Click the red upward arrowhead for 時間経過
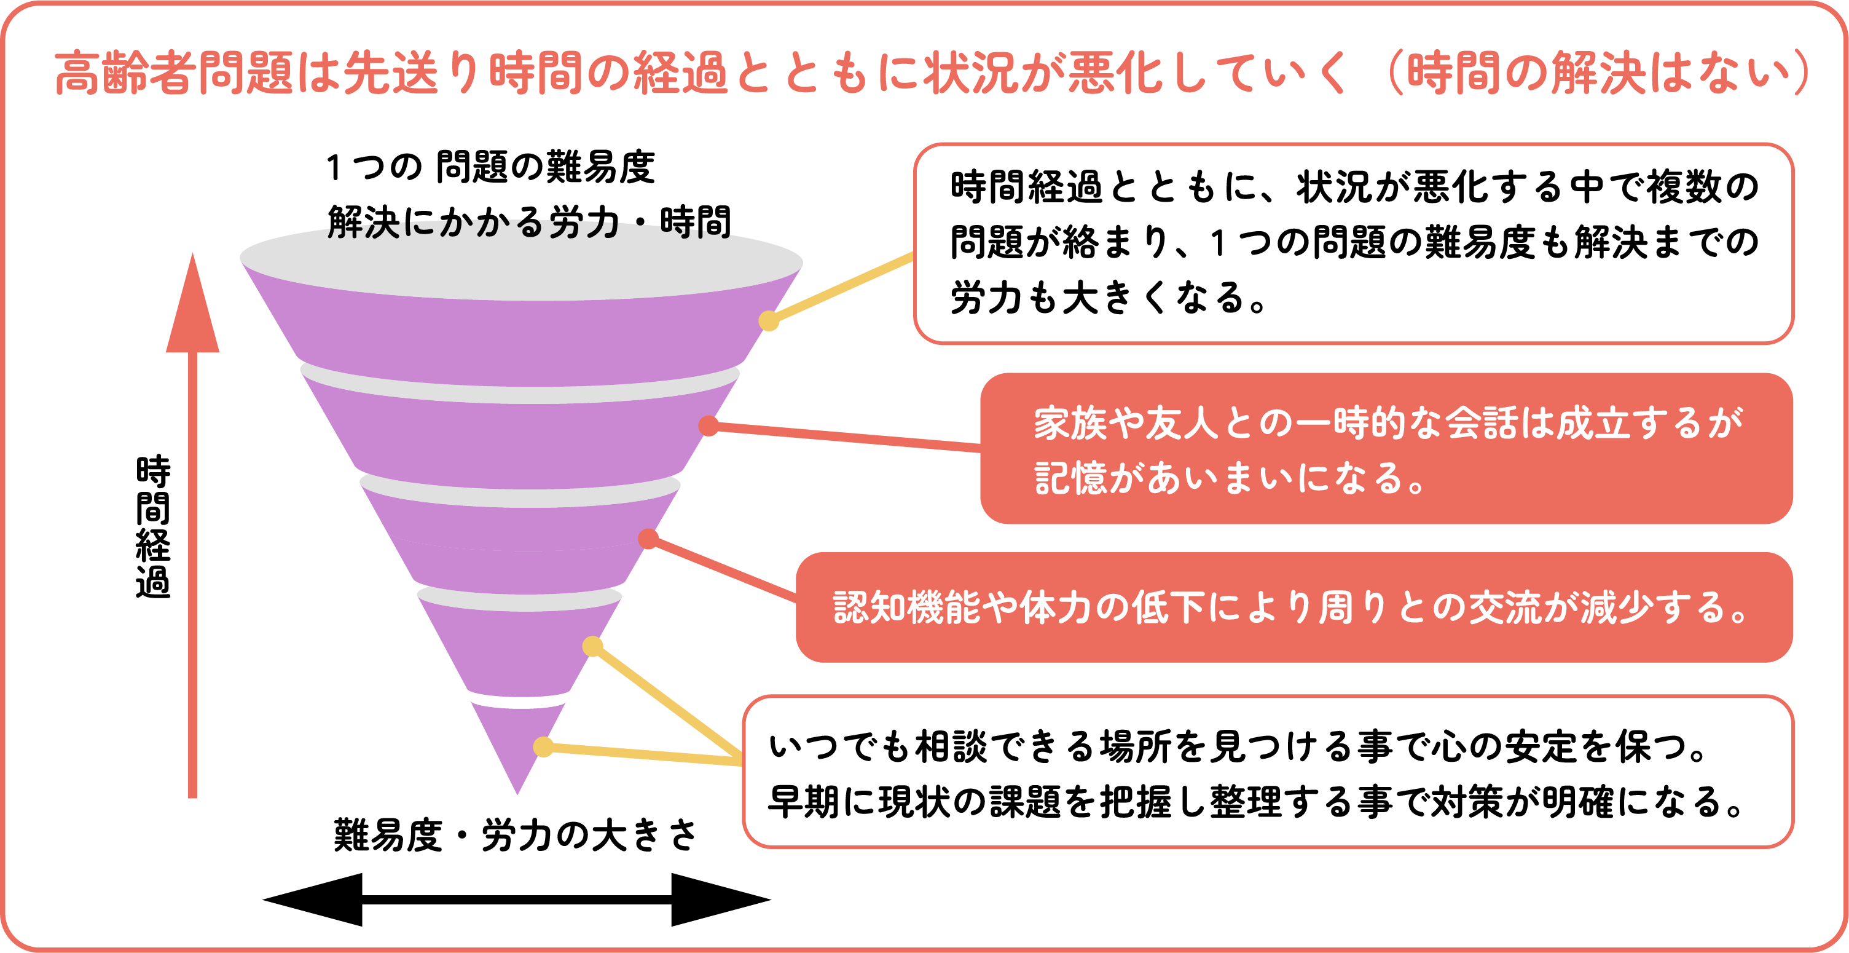click(192, 309)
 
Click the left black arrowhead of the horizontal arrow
click(316, 899)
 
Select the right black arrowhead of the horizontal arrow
click(718, 899)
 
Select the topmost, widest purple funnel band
click(520, 330)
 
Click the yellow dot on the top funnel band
click(769, 321)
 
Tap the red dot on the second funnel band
click(709, 426)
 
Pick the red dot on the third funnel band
click(648, 539)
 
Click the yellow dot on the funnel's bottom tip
click(543, 747)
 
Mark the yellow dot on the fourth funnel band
click(592, 646)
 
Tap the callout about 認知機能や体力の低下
click(1292, 607)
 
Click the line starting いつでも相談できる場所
click(1238, 747)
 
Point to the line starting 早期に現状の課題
click(1256, 802)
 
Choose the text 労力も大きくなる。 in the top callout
click(1110, 298)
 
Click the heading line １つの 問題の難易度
click(491, 167)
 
